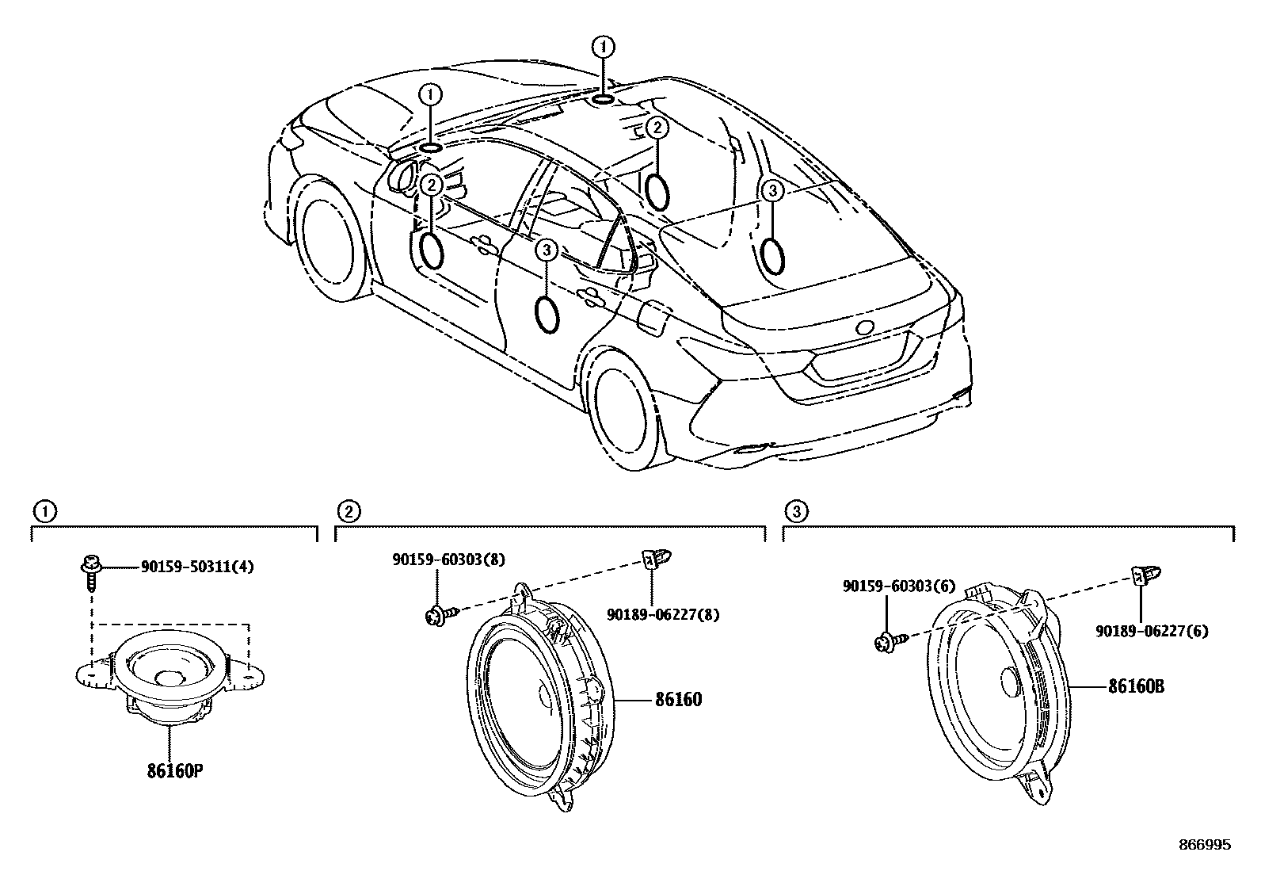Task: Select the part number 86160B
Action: click(x=1136, y=686)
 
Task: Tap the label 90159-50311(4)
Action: click(x=197, y=567)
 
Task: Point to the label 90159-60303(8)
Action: click(x=448, y=560)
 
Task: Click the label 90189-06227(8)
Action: click(x=664, y=613)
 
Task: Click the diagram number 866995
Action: click(x=1204, y=846)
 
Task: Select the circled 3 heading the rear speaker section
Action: click(x=797, y=510)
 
